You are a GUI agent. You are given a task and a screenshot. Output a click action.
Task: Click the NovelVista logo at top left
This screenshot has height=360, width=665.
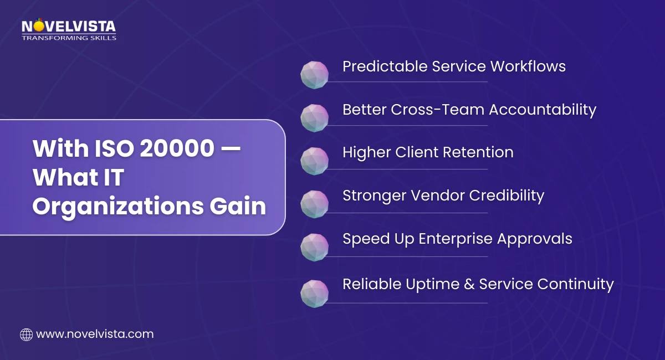(x=69, y=27)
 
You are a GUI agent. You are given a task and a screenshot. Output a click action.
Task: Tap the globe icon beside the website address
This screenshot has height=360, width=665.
(x=26, y=335)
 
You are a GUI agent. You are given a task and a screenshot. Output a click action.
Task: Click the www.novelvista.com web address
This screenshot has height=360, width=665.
(x=94, y=334)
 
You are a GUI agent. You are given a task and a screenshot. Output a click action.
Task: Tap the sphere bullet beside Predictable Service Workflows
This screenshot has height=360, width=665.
(x=315, y=74)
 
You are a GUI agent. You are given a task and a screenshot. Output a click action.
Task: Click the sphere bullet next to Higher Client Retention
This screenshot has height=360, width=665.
(x=315, y=161)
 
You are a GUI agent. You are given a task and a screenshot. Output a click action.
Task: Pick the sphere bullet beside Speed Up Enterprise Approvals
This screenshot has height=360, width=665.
(x=315, y=248)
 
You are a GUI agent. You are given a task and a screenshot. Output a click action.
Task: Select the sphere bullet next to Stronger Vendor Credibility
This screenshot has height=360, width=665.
(x=315, y=204)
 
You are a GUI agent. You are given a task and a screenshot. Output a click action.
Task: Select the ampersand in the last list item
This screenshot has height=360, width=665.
(x=469, y=285)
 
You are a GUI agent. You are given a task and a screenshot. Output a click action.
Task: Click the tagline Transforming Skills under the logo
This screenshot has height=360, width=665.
(x=69, y=38)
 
